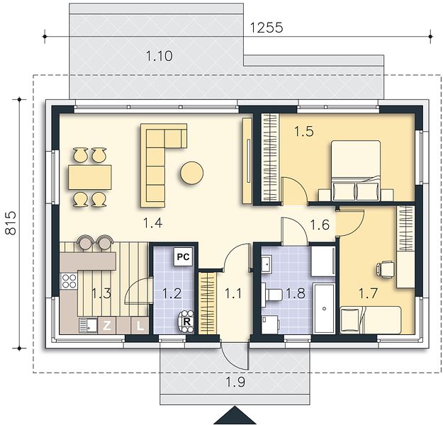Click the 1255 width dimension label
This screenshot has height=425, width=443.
click(267, 28)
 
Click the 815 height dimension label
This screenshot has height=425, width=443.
click(11, 223)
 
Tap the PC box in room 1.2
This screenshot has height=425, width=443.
click(183, 256)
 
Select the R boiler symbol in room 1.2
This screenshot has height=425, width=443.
click(186, 322)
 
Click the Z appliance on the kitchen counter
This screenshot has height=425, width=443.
click(106, 326)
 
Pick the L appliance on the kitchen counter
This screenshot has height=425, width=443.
click(140, 326)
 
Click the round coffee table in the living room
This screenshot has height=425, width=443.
click(192, 173)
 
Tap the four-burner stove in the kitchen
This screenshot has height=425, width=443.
click(69, 281)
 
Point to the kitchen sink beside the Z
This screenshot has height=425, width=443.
click(88, 325)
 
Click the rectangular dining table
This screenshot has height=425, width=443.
click(90, 177)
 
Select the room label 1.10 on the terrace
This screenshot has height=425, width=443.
click(159, 56)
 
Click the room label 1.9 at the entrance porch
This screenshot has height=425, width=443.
click(235, 382)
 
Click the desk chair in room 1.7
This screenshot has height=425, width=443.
click(384, 268)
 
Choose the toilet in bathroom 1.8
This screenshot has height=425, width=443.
click(271, 295)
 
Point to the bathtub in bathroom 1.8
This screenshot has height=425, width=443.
click(324, 309)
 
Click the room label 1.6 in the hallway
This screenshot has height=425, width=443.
click(320, 225)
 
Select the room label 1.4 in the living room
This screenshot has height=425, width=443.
click(152, 223)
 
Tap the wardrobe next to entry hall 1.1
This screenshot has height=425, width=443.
click(208, 303)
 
